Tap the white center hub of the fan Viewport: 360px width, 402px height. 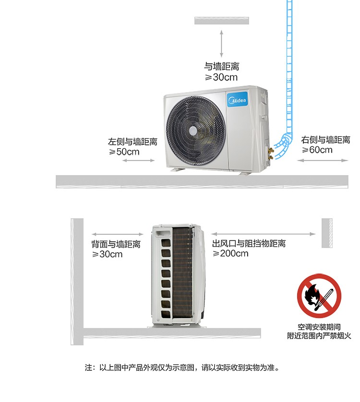[193, 131]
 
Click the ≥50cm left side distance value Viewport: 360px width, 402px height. [124, 152]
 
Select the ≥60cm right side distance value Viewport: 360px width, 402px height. [317, 150]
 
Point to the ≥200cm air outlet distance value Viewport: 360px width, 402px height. [230, 254]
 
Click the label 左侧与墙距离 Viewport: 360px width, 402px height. [132, 142]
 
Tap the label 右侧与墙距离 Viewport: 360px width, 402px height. [325, 140]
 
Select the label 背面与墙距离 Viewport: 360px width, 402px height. [116, 244]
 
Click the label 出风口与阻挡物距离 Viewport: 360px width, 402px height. [249, 243]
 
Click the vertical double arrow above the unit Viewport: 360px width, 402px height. [221, 43]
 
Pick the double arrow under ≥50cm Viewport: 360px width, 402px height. [138, 161]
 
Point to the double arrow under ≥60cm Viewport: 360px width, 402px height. [323, 161]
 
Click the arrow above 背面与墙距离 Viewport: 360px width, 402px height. [117, 234]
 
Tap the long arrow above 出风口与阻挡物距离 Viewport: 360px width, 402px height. [263, 234]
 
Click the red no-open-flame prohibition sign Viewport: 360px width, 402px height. [319, 296]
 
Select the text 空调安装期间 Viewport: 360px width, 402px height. [319, 327]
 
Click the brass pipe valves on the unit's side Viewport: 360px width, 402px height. [271, 153]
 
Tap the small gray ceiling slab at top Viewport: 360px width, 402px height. [222, 21]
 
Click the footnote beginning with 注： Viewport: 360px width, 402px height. [182, 367]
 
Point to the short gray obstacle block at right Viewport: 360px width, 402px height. [327, 233]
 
